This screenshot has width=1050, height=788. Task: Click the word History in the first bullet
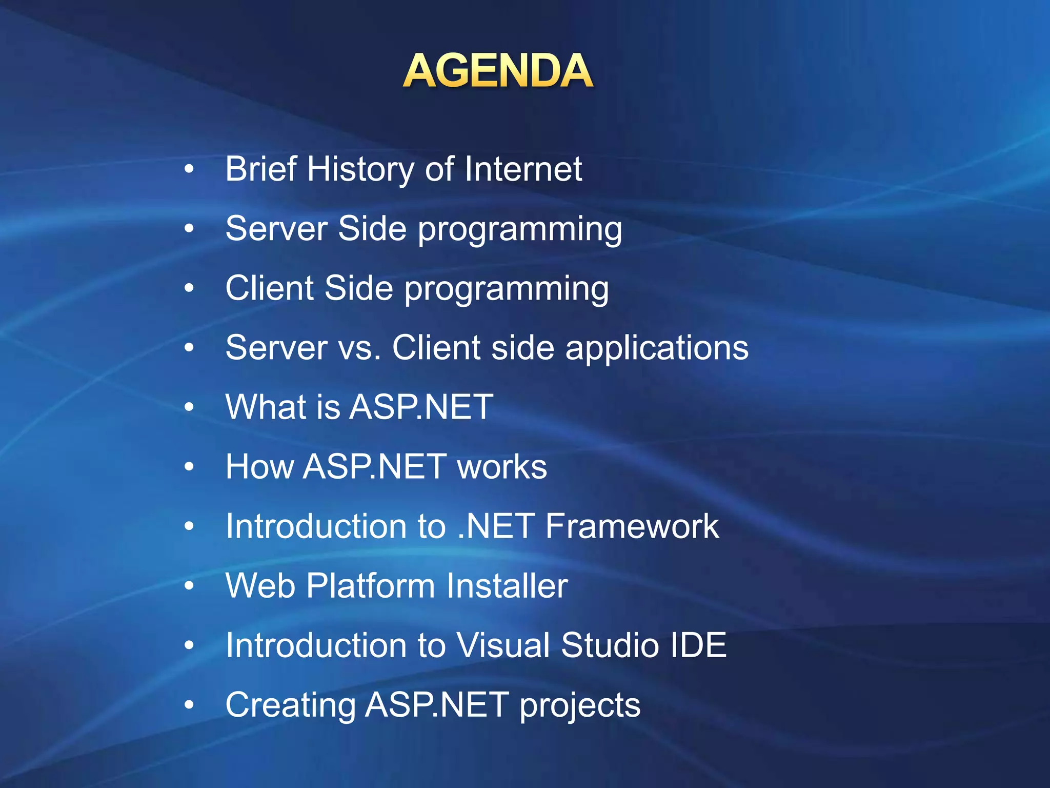(x=360, y=169)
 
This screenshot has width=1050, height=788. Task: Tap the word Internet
(x=523, y=169)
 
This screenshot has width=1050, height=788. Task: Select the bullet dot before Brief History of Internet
(x=189, y=169)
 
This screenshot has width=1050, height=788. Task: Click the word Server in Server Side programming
(x=276, y=229)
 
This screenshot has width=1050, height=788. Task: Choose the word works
(x=502, y=467)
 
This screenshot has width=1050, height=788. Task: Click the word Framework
(x=632, y=527)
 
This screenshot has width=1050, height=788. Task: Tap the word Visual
(x=503, y=646)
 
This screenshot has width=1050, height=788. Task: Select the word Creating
(x=290, y=705)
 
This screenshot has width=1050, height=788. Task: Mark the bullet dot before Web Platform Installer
(x=189, y=585)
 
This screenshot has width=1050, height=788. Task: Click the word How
(x=259, y=467)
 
